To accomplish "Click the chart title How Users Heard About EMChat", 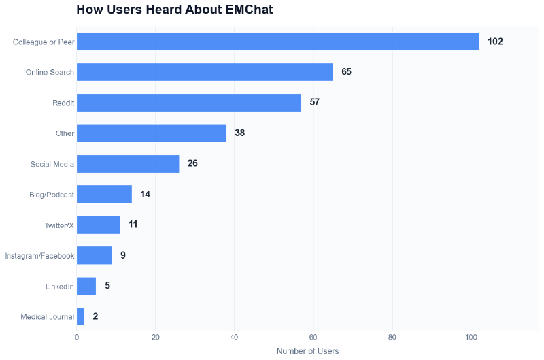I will coord(175,10).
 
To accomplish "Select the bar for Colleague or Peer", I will coord(277,42).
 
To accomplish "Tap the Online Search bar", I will coord(205,72).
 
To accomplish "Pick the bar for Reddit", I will coord(188,103).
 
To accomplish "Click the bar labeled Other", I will coord(151,133).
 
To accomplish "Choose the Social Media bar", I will coord(128,164).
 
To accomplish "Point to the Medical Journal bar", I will coord(80,316).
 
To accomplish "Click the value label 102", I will coord(495,42).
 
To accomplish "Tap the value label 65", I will coord(346,72).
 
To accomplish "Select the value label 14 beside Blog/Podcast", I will coord(146,194).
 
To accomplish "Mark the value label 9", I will coord(123,255).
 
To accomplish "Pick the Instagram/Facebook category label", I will coord(39,256).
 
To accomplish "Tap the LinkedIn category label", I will coord(59,287).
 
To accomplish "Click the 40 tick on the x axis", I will coord(234,337).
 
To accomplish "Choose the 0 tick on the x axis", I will coord(77,337).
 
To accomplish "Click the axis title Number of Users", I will coord(307,351).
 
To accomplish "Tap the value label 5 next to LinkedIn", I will coord(107,286).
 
